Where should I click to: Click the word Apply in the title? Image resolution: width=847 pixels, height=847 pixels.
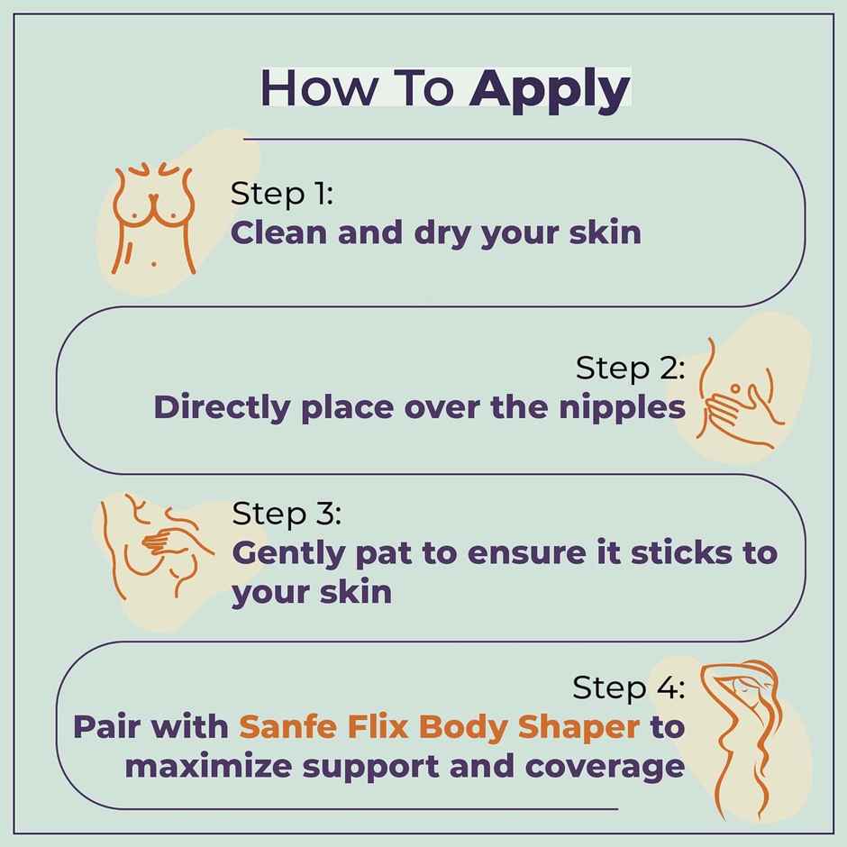[550, 90]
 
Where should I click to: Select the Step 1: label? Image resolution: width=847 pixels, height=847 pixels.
[282, 194]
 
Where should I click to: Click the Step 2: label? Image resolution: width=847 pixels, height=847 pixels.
[631, 368]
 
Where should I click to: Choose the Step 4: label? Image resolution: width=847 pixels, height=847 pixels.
[629, 688]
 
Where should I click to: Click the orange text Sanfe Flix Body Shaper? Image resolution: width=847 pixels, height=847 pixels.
[440, 726]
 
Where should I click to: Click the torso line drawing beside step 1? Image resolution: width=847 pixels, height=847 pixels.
[154, 218]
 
